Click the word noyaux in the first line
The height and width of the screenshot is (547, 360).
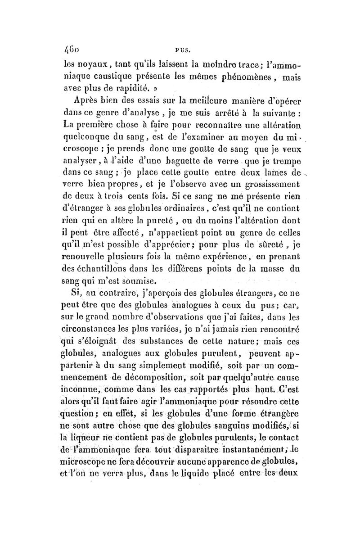click(x=86, y=68)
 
